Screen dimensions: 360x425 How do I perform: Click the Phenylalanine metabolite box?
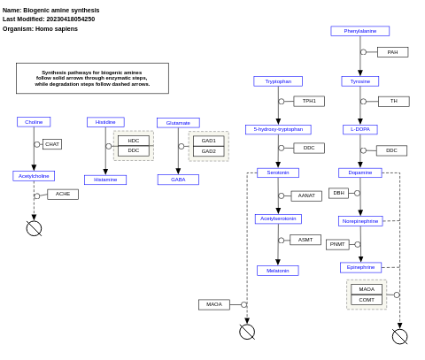click(359, 31)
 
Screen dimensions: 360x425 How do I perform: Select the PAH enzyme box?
click(392, 52)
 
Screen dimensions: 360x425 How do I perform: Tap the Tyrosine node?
click(359, 81)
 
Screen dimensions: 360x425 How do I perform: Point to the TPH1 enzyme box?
click(309, 101)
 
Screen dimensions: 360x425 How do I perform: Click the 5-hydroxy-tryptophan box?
click(278, 129)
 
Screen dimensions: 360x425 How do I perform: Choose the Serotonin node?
click(278, 172)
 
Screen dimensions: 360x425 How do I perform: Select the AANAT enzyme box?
click(306, 195)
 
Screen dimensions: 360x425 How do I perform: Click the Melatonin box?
click(278, 271)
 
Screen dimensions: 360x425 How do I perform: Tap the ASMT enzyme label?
click(305, 240)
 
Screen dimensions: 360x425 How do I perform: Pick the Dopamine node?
click(359, 172)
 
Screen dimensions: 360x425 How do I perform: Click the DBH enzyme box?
click(338, 193)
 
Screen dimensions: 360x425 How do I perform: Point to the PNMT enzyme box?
click(337, 244)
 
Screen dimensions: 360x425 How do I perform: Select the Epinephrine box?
click(360, 267)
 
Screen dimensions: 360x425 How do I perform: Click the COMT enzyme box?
click(367, 300)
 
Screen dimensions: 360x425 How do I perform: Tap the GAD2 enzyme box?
click(208, 151)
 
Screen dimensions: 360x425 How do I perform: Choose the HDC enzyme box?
click(134, 141)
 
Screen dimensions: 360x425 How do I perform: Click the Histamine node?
click(105, 180)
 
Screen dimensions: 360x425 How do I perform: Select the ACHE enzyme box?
click(63, 194)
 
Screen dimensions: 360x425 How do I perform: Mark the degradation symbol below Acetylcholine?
click(34, 228)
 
